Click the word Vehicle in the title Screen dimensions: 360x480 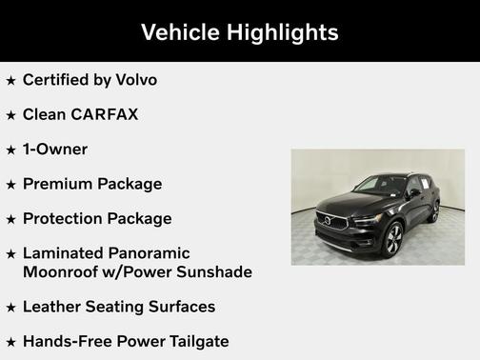[179, 32]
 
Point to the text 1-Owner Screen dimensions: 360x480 [55, 150]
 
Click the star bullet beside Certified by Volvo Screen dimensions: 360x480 [10, 81]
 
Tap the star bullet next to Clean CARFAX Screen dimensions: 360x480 [10, 115]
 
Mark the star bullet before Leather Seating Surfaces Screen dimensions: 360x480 [10, 308]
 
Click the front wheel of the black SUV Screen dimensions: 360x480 [393, 239]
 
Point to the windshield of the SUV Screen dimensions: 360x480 [380, 186]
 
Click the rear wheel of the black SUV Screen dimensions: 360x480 [434, 213]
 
